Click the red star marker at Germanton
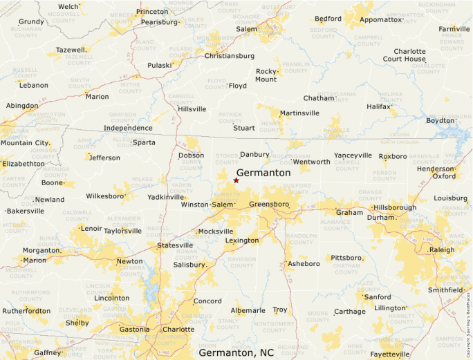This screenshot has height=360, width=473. click(x=236, y=181)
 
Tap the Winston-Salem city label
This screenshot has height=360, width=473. click(x=207, y=205)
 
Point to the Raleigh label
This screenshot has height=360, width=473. click(x=442, y=249)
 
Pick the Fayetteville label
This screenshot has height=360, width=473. click(x=390, y=354)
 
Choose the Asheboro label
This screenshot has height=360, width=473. click(x=304, y=264)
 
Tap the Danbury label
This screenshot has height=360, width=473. click(x=254, y=155)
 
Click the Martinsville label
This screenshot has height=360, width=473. click(x=299, y=113)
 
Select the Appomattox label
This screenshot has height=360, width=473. click(x=381, y=19)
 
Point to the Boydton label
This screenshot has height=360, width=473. click(x=440, y=120)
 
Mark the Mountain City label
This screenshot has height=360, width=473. click(x=25, y=143)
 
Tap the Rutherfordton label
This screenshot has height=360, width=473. click(x=26, y=311)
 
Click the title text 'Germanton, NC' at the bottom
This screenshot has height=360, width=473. click(x=236, y=352)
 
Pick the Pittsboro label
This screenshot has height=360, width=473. click(x=346, y=258)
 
